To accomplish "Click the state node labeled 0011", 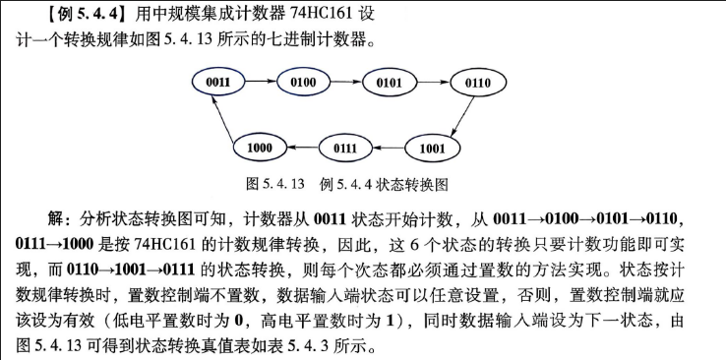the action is pos(218,83).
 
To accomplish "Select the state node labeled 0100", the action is pos(303,83).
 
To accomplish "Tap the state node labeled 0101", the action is pos(389,84).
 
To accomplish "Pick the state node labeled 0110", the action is pos(478,84).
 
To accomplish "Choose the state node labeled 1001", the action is pos(432,149).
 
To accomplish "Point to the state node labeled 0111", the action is pos(345,149).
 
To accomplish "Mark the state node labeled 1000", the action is pos(260,149).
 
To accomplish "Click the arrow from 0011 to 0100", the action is pos(261,82).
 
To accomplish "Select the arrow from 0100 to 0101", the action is pos(346,82).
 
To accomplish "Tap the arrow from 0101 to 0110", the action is pos(434,83).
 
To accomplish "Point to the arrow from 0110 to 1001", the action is pos(462,116).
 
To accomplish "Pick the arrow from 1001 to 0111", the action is pos(389,149).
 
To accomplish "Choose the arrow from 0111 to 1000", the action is pos(302,148).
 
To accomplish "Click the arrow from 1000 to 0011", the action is pos(221,118).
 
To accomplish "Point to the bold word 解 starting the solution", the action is pos(55,218).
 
